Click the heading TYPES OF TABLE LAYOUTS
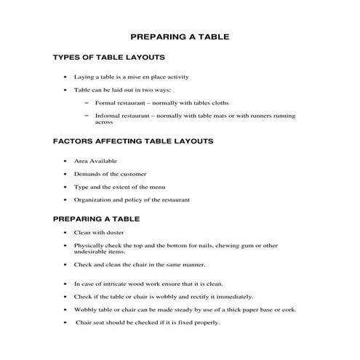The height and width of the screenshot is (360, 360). tap(110, 57)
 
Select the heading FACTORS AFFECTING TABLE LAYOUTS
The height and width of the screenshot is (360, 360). tap(133, 141)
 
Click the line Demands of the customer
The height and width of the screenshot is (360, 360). tap(110, 174)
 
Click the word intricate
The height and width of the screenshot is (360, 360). tap(116, 284)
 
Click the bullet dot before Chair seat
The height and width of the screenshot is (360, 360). tap(66, 323)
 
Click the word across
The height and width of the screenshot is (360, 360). tap(104, 123)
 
